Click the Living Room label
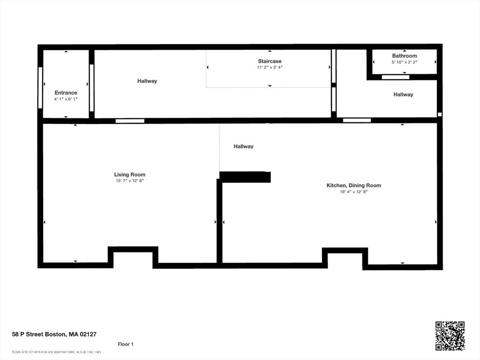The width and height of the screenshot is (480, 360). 130,174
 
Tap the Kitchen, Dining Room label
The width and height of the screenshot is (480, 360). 353,185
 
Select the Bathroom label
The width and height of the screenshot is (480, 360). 405,56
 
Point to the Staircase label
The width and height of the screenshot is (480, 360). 270,61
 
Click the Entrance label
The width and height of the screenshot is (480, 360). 66,92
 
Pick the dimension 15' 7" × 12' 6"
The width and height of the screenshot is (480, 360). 130,181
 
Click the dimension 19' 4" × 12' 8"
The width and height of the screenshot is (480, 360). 353,192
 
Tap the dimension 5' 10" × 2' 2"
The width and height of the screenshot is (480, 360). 405,62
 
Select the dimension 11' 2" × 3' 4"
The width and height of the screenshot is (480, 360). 270,67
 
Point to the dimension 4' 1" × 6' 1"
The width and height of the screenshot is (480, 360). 66,99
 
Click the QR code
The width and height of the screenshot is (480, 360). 450,336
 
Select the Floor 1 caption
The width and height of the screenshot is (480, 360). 126,344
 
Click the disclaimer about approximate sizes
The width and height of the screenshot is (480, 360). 57,352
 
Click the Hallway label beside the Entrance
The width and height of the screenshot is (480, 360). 147,81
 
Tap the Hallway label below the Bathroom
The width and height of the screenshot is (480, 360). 403,95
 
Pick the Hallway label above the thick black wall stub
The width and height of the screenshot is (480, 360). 243,146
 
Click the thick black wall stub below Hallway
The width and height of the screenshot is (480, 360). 245,177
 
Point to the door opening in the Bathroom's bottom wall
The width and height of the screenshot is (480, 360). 396,77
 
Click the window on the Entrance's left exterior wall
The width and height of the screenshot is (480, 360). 40,88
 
